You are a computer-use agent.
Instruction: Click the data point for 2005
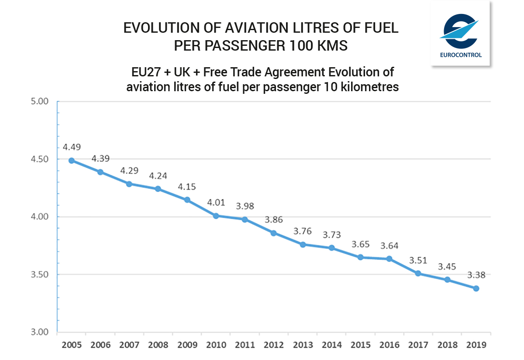tap(71, 161)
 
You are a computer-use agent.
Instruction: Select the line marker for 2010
tap(216, 216)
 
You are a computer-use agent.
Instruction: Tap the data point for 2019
tap(476, 288)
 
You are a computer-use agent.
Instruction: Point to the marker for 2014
tap(331, 248)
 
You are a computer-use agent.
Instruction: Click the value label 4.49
tap(72, 147)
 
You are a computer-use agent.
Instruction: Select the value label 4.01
tap(216, 202)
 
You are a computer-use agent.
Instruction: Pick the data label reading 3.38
tap(476, 275)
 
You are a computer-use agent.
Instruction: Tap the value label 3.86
tap(274, 219)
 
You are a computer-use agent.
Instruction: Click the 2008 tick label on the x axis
tap(158, 345)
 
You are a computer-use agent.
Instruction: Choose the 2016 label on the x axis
tap(390, 345)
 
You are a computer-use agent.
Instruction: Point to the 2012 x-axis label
tap(274, 345)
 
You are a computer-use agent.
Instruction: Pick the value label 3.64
tap(390, 245)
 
